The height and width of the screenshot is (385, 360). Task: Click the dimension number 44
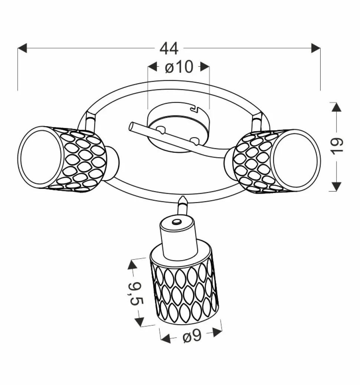pos(169,49)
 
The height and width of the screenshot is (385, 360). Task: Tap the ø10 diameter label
pos(179,66)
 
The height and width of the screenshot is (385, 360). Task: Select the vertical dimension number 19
pos(337,146)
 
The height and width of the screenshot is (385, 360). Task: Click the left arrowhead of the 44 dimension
pos(22,48)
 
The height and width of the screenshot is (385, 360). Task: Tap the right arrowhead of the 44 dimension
pos(316,48)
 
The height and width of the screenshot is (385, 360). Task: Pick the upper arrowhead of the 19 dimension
pos(336,107)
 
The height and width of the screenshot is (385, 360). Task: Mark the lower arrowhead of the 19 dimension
pos(336,186)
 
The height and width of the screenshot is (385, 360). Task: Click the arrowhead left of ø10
pos(153,66)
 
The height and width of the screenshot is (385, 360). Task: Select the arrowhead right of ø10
pos(205,66)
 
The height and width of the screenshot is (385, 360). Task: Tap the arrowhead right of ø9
pos(217,332)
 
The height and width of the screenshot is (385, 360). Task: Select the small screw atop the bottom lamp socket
pos(176,222)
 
